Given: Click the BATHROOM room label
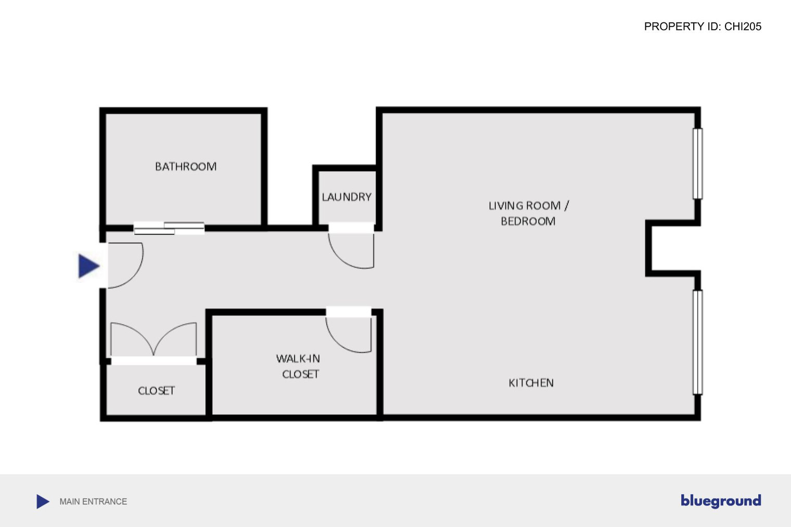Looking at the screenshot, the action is pos(186,166).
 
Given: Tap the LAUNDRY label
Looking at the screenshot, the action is pos(347,197).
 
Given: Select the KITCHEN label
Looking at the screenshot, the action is pos(531,382).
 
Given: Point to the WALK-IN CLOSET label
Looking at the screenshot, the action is pos(298,366).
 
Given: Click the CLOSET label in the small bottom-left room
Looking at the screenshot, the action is pos(156,390).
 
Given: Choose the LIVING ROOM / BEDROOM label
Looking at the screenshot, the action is pos(529,213).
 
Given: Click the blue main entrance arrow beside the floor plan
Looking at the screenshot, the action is pos(88,266).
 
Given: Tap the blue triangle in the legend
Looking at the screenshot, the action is pos(43,502).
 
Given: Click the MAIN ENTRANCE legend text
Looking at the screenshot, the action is pos(93,502).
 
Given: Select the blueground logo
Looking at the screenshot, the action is pos(721,501).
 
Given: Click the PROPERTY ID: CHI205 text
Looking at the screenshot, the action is pos(703,27).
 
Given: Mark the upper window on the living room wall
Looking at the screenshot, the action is pos(697,164).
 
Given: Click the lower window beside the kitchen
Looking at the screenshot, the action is pos(697,342).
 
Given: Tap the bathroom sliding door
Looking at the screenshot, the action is pos(169,228).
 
